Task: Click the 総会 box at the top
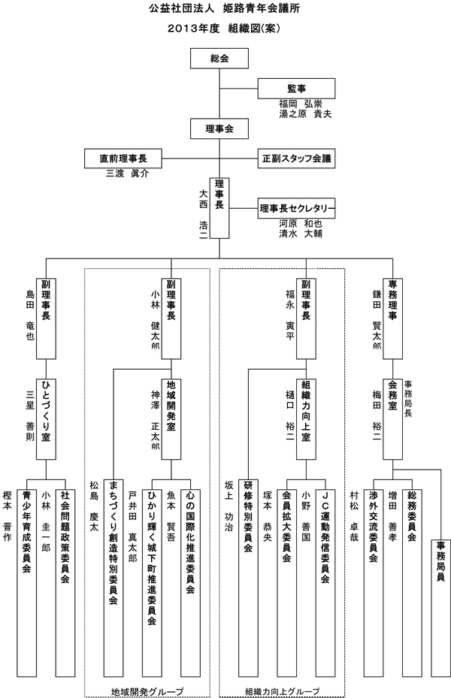tap(219, 58)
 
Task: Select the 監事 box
tap(295, 88)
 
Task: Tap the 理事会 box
tap(219, 128)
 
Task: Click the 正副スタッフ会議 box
tap(296, 159)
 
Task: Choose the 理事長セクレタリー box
tap(296, 208)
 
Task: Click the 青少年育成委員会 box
tap(27, 542)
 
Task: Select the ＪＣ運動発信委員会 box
tap(324, 542)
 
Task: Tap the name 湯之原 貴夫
tap(305, 113)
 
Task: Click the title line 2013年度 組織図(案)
tap(225, 27)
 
